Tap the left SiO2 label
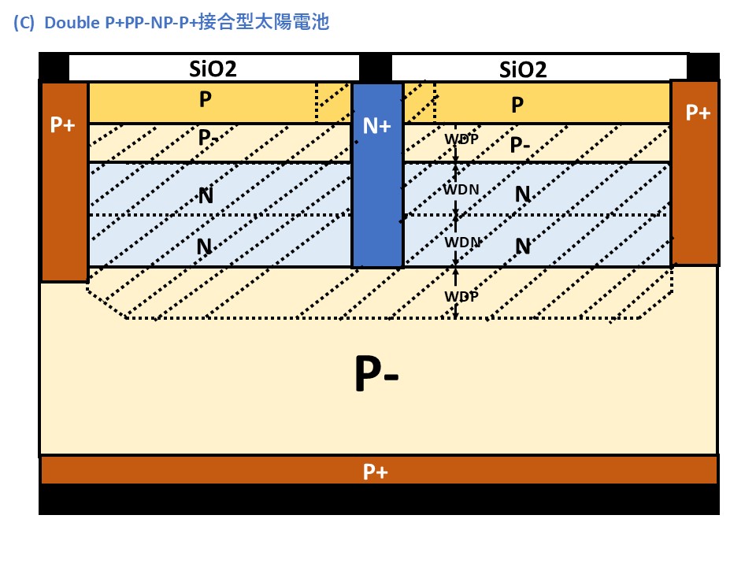click(213, 69)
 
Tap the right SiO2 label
click(523, 69)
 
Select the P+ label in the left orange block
click(63, 125)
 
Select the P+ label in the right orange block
click(698, 113)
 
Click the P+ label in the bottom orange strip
click(375, 472)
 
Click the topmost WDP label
click(461, 139)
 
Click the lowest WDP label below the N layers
click(461, 296)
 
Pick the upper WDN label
click(461, 190)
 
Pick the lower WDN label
click(461, 242)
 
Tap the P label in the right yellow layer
click(517, 105)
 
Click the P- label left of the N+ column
click(209, 137)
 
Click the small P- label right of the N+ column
click(520, 145)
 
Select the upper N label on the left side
click(206, 195)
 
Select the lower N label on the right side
click(522, 246)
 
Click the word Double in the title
click(72, 23)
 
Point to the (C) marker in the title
click(24, 23)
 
